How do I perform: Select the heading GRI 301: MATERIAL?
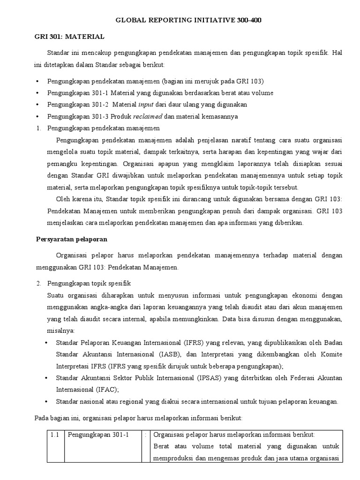(70, 36)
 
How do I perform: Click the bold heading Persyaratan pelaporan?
(72, 239)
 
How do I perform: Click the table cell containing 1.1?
(54, 435)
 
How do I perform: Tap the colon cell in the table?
(146, 435)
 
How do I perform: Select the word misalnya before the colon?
(60, 331)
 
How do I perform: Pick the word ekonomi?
(294, 296)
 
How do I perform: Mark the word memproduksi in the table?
(173, 458)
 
